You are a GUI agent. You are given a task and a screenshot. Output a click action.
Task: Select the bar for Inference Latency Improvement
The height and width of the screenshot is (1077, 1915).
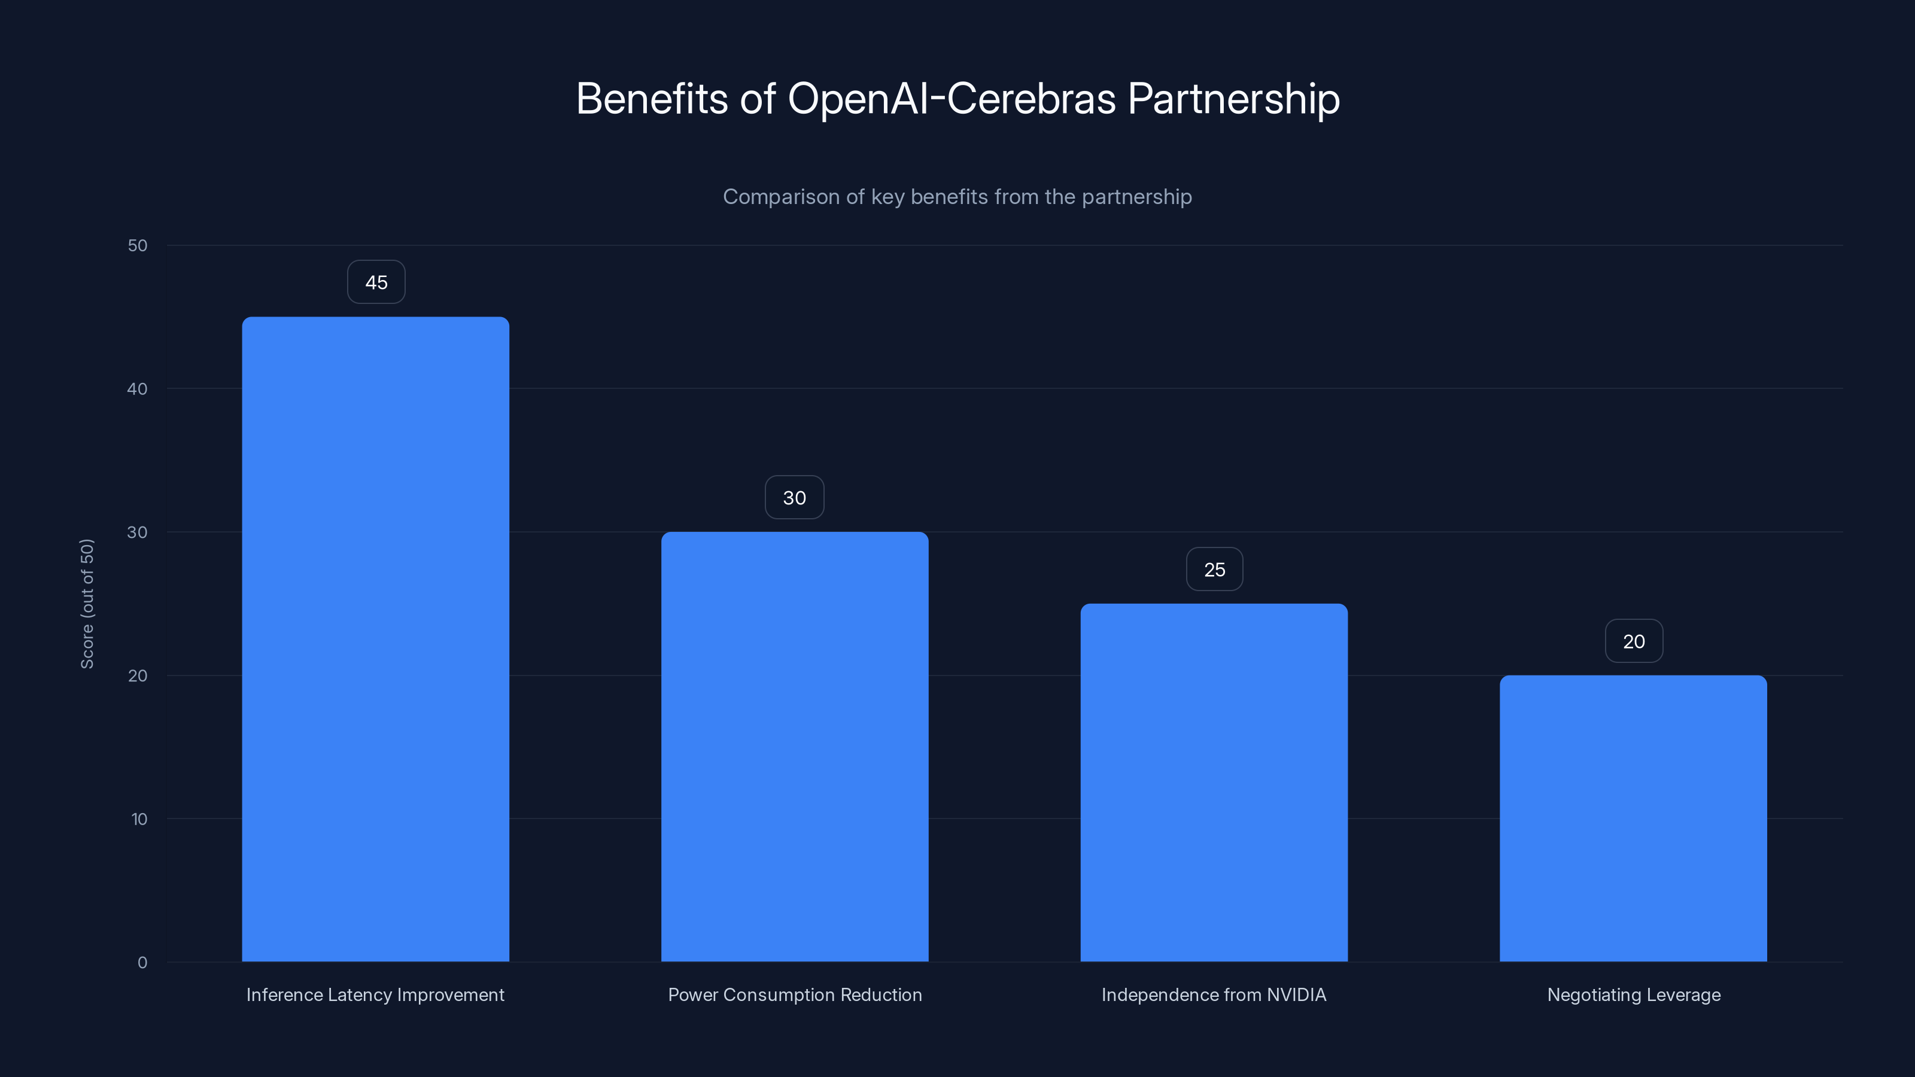pos(375,639)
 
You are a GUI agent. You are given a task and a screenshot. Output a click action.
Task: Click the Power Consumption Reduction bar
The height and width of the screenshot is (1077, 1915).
pos(795,746)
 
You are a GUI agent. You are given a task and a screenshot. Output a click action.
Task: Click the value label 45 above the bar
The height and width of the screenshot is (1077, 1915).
pos(376,282)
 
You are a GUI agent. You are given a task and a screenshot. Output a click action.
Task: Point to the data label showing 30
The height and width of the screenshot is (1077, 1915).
pos(794,498)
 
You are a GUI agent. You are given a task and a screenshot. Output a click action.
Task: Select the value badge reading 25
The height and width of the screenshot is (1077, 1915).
pos(1214,570)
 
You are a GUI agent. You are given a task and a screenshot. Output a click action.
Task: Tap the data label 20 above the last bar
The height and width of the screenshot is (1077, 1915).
pos(1633,641)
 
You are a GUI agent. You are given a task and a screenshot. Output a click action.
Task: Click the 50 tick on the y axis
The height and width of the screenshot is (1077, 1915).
pos(138,245)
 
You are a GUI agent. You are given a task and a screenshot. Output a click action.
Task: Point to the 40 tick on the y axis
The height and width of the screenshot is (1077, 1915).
pos(138,389)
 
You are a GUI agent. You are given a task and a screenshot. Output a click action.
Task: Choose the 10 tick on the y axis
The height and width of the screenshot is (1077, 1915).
pos(139,819)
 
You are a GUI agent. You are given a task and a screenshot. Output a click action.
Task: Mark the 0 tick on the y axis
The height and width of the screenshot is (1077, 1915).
pos(142,963)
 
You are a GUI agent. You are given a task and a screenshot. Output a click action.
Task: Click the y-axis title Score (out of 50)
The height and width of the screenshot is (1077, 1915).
pos(87,604)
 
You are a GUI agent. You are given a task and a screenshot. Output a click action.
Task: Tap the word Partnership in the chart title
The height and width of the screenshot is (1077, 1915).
pos(1233,99)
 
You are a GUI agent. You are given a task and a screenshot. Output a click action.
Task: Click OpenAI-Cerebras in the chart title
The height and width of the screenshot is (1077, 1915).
pos(952,99)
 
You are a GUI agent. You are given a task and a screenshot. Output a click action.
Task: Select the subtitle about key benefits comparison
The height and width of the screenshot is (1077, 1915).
pos(957,197)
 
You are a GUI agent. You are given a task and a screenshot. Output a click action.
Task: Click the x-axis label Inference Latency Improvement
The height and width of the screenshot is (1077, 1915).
pos(375,994)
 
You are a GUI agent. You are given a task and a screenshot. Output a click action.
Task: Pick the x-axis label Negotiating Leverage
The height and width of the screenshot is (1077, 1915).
pos(1633,994)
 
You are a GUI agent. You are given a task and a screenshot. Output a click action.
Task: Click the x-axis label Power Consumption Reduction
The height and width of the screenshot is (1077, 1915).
pos(795,994)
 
